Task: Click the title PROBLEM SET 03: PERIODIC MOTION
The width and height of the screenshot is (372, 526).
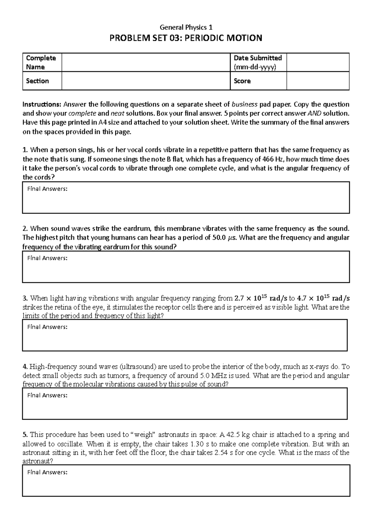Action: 186,38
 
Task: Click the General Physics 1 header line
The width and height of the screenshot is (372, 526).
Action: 186,27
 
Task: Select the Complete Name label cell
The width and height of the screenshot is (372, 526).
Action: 42,62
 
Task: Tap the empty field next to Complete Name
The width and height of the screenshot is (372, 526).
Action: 146,62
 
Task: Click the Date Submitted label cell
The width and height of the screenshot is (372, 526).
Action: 258,62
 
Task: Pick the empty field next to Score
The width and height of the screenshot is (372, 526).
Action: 318,81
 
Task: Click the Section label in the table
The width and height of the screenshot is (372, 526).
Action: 38,81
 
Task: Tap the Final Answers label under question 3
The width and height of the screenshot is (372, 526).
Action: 47,327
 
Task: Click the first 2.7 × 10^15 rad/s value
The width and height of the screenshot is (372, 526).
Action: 261,298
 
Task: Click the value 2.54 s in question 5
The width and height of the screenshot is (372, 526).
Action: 224,452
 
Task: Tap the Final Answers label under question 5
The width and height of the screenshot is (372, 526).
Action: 47,472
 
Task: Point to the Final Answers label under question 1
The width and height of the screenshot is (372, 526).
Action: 47,189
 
